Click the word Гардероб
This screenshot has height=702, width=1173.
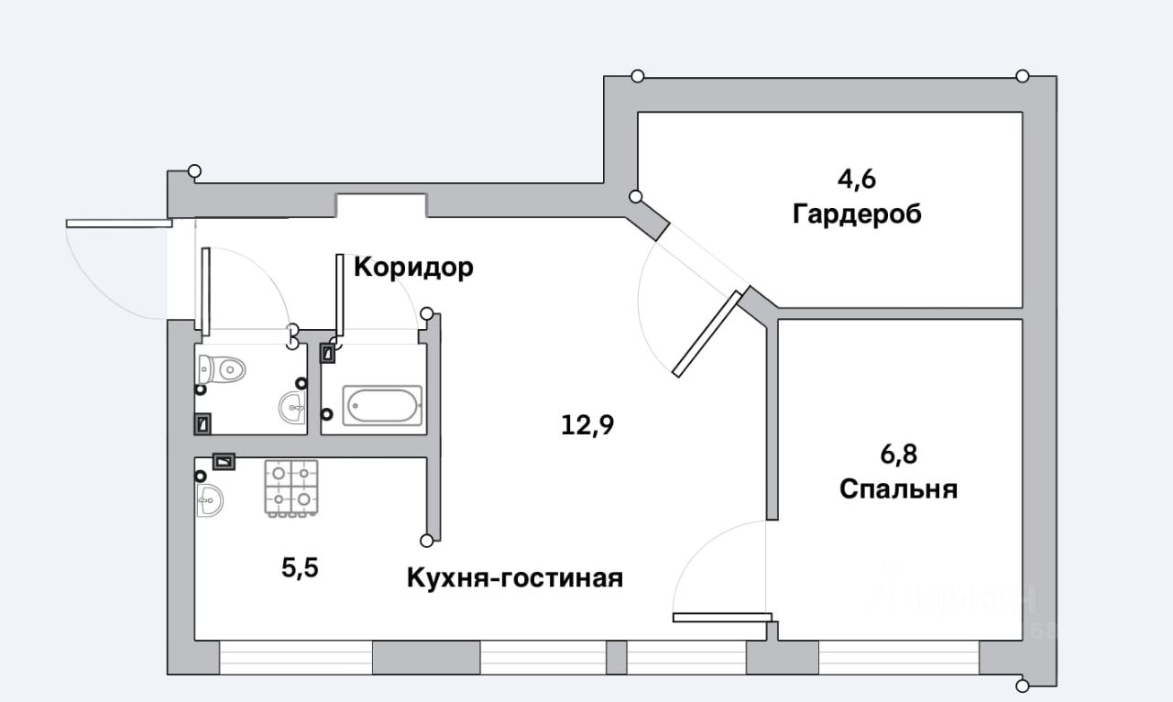pyautogui.click(x=857, y=215)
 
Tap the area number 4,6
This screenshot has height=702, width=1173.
pyautogui.click(x=856, y=179)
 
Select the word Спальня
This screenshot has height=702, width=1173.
pyautogui.click(x=898, y=489)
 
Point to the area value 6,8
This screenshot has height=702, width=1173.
pyautogui.click(x=898, y=454)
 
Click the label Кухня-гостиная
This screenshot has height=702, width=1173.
pyautogui.click(x=515, y=578)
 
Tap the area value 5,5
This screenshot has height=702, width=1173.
pyautogui.click(x=300, y=568)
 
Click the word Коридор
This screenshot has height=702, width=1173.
pyautogui.click(x=413, y=268)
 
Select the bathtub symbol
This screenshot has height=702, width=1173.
pyautogui.click(x=381, y=404)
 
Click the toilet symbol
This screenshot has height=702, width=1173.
pyautogui.click(x=222, y=368)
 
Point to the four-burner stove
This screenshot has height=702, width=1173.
pyautogui.click(x=291, y=488)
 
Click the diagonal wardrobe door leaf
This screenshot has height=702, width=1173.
pyautogui.click(x=707, y=335)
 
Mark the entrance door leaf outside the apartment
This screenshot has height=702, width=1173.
pyautogui.click(x=119, y=223)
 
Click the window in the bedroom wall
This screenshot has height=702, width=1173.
pyautogui.click(x=898, y=657)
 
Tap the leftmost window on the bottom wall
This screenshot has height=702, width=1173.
pyautogui.click(x=296, y=657)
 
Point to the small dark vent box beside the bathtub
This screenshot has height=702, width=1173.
pyautogui.click(x=327, y=353)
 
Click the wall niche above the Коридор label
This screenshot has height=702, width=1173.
pyautogui.click(x=381, y=205)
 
